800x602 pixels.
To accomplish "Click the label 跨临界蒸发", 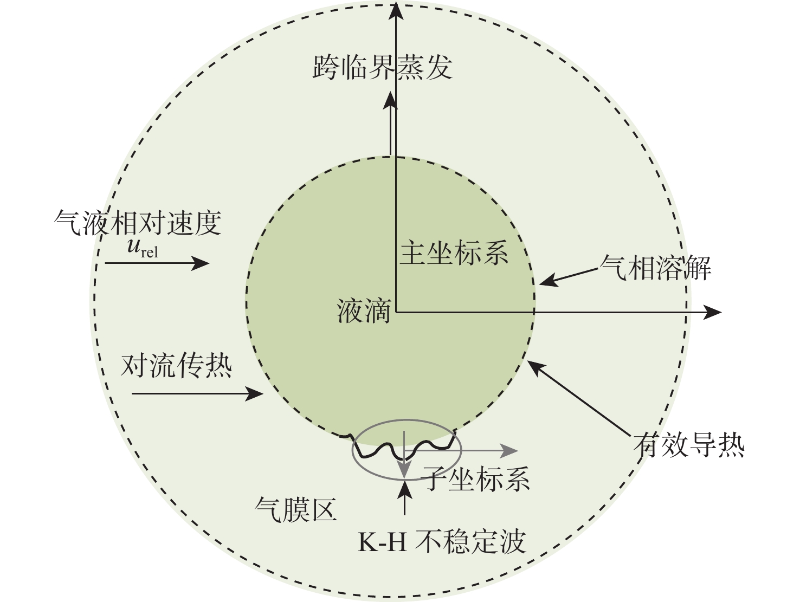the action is [x=383, y=67].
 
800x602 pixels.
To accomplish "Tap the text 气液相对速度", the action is [x=138, y=223].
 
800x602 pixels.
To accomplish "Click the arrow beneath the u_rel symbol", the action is [x=157, y=263].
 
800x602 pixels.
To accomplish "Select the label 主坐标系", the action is [x=454, y=253].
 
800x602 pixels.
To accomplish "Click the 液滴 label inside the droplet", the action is [x=363, y=310].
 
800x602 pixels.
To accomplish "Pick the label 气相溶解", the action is [x=655, y=268].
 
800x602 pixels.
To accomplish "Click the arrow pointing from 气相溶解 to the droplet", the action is [x=569, y=277].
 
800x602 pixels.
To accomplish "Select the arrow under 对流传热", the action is [x=197, y=393].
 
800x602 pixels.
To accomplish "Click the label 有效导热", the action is [x=689, y=445].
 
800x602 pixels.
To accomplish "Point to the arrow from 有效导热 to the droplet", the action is [x=579, y=398].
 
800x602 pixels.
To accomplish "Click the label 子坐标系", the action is [x=475, y=478].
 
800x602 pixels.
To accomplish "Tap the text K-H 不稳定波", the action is [x=442, y=541].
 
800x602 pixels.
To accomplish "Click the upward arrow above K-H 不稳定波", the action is [x=404, y=497].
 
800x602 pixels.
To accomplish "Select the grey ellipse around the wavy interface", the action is [x=352, y=450].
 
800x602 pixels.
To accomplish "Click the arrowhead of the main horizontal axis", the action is [x=713, y=312].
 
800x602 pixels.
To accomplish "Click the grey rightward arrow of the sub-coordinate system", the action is [x=461, y=451].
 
